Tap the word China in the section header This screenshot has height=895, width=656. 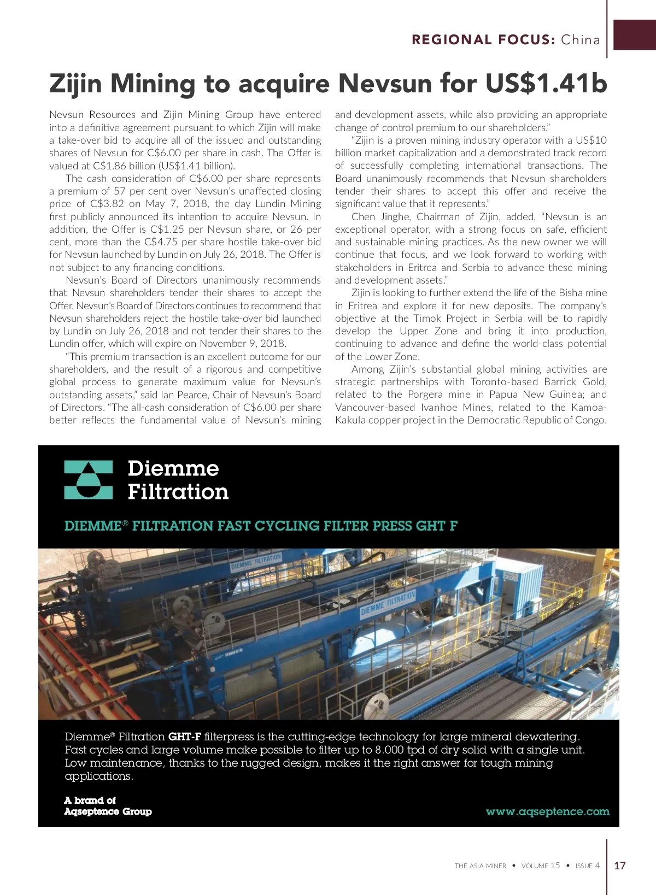[x=581, y=40]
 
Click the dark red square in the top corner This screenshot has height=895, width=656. [x=635, y=35]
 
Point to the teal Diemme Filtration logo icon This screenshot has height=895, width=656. [x=89, y=480]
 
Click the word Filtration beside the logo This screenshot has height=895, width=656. [x=178, y=492]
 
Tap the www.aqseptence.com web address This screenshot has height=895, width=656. [x=547, y=811]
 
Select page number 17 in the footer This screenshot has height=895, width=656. [x=620, y=865]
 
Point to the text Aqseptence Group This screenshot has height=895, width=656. [x=108, y=811]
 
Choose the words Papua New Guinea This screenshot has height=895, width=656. [x=536, y=394]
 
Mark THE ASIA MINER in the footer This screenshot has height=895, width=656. [x=481, y=866]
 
